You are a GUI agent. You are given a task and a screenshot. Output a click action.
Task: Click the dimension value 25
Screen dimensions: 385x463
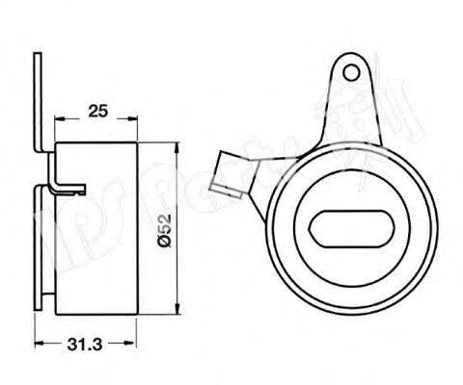click(95, 111)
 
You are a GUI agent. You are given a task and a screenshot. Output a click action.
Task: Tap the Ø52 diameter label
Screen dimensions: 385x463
click(164, 228)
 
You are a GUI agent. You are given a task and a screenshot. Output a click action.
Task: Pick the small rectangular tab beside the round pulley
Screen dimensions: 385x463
click(231, 173)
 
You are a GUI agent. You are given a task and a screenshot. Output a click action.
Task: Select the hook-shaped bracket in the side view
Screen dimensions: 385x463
click(68, 180)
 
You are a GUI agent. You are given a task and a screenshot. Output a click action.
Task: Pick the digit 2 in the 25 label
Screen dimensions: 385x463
click(91, 111)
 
